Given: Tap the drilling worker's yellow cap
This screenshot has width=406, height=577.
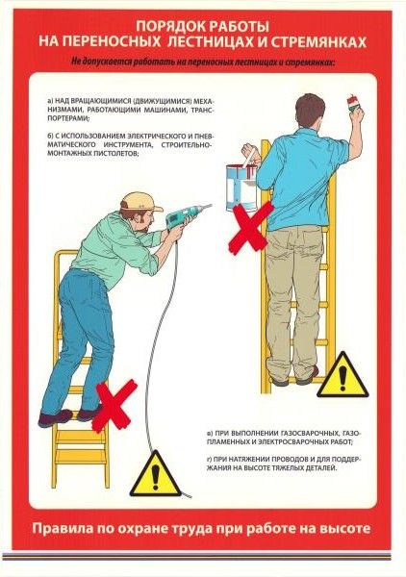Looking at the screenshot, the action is point(141,201).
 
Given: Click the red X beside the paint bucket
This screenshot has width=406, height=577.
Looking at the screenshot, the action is point(251,228).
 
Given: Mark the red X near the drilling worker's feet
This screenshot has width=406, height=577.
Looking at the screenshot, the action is point(114,405).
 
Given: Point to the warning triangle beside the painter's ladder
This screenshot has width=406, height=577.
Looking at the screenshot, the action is point(343,376).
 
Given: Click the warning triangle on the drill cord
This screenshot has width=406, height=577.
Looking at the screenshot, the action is point(156,473).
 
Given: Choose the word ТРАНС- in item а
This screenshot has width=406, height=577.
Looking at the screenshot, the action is point(203,110).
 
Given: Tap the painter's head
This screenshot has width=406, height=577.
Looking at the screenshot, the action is point(310,110).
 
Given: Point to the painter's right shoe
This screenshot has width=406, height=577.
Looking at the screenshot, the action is point(307,376).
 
